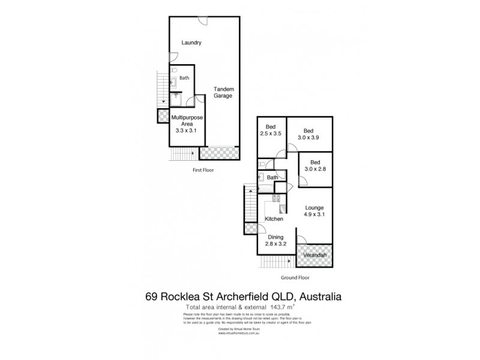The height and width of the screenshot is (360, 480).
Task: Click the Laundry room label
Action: pos(192,43)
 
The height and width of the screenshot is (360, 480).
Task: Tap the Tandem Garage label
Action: pos(223,92)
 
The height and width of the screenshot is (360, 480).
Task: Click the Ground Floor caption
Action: pos(295,278)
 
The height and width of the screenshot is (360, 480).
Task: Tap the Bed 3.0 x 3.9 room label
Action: pos(308,134)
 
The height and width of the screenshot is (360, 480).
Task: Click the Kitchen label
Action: pos(274,219)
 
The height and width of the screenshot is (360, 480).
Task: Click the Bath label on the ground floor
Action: pos(272,178)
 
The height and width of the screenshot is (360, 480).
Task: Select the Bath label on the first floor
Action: pos(184,78)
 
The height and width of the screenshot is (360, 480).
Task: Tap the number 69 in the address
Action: pos(153,296)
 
